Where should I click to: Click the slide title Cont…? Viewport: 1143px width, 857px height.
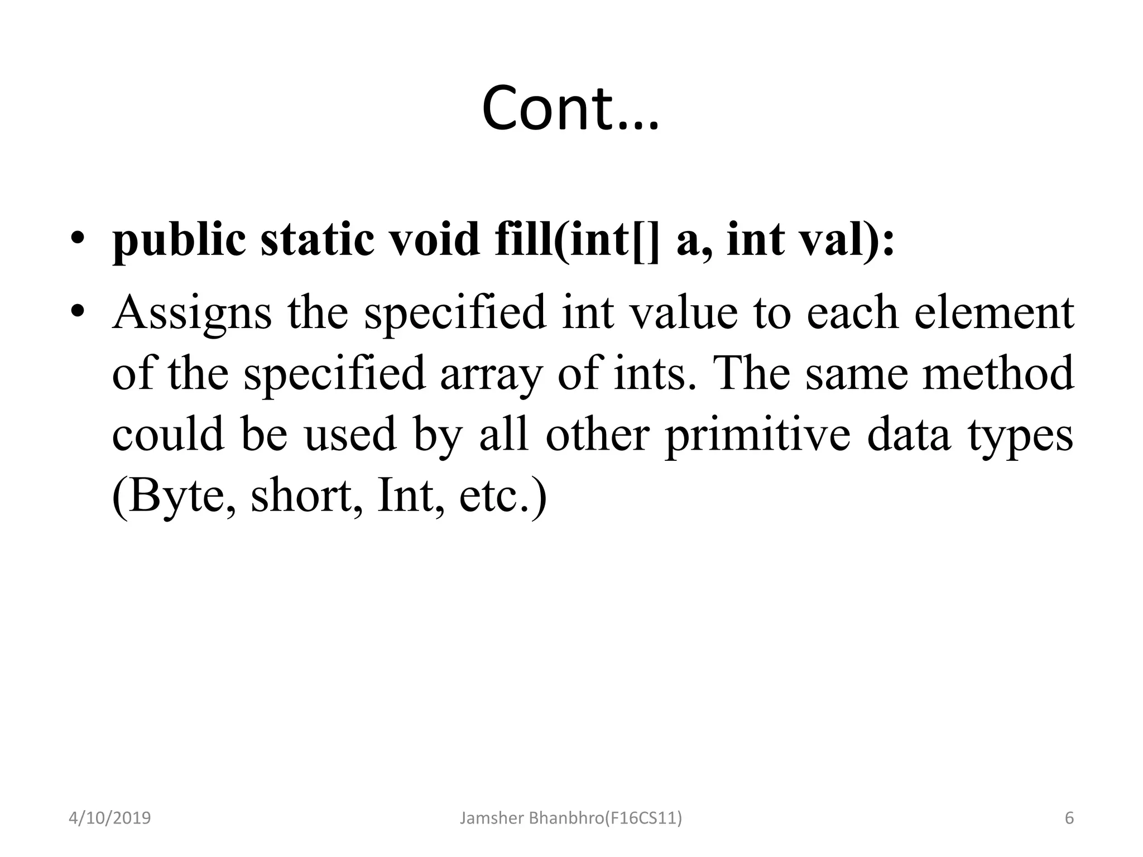570,108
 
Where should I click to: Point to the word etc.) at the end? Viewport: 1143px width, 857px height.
502,495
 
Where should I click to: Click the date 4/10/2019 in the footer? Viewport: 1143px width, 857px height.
109,819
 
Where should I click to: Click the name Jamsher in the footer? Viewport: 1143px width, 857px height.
491,819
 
